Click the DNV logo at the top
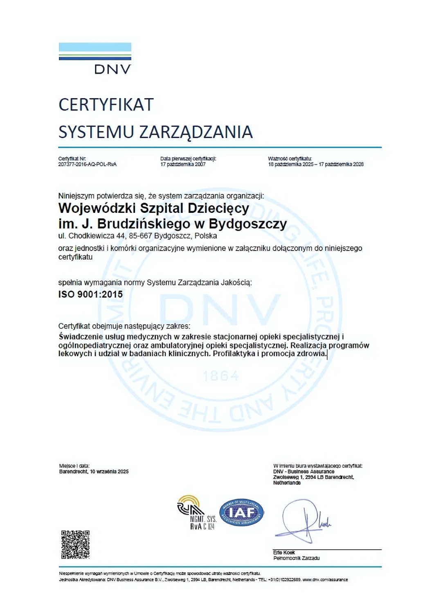(95, 59)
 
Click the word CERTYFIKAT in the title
(106, 105)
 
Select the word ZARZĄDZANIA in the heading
(196, 132)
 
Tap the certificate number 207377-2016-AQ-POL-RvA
(87, 165)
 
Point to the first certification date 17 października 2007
(183, 165)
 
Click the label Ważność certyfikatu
(290, 159)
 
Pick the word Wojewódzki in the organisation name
(97, 208)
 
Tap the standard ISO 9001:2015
(90, 294)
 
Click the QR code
(75, 545)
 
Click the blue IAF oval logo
(242, 513)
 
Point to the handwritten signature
(302, 520)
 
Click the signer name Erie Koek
(284, 553)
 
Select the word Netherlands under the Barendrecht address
(287, 483)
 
